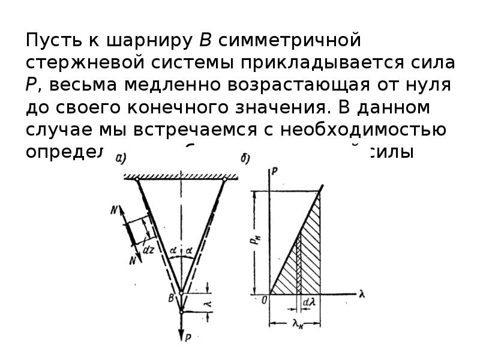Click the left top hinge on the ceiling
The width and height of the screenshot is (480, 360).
[x=137, y=179]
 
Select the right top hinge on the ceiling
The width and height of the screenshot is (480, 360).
[x=224, y=179]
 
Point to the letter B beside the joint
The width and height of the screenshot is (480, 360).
[x=172, y=296]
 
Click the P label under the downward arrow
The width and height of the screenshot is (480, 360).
[x=188, y=338]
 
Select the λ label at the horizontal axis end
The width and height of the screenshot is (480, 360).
[x=362, y=295]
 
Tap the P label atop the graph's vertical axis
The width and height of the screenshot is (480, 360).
[x=274, y=172]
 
